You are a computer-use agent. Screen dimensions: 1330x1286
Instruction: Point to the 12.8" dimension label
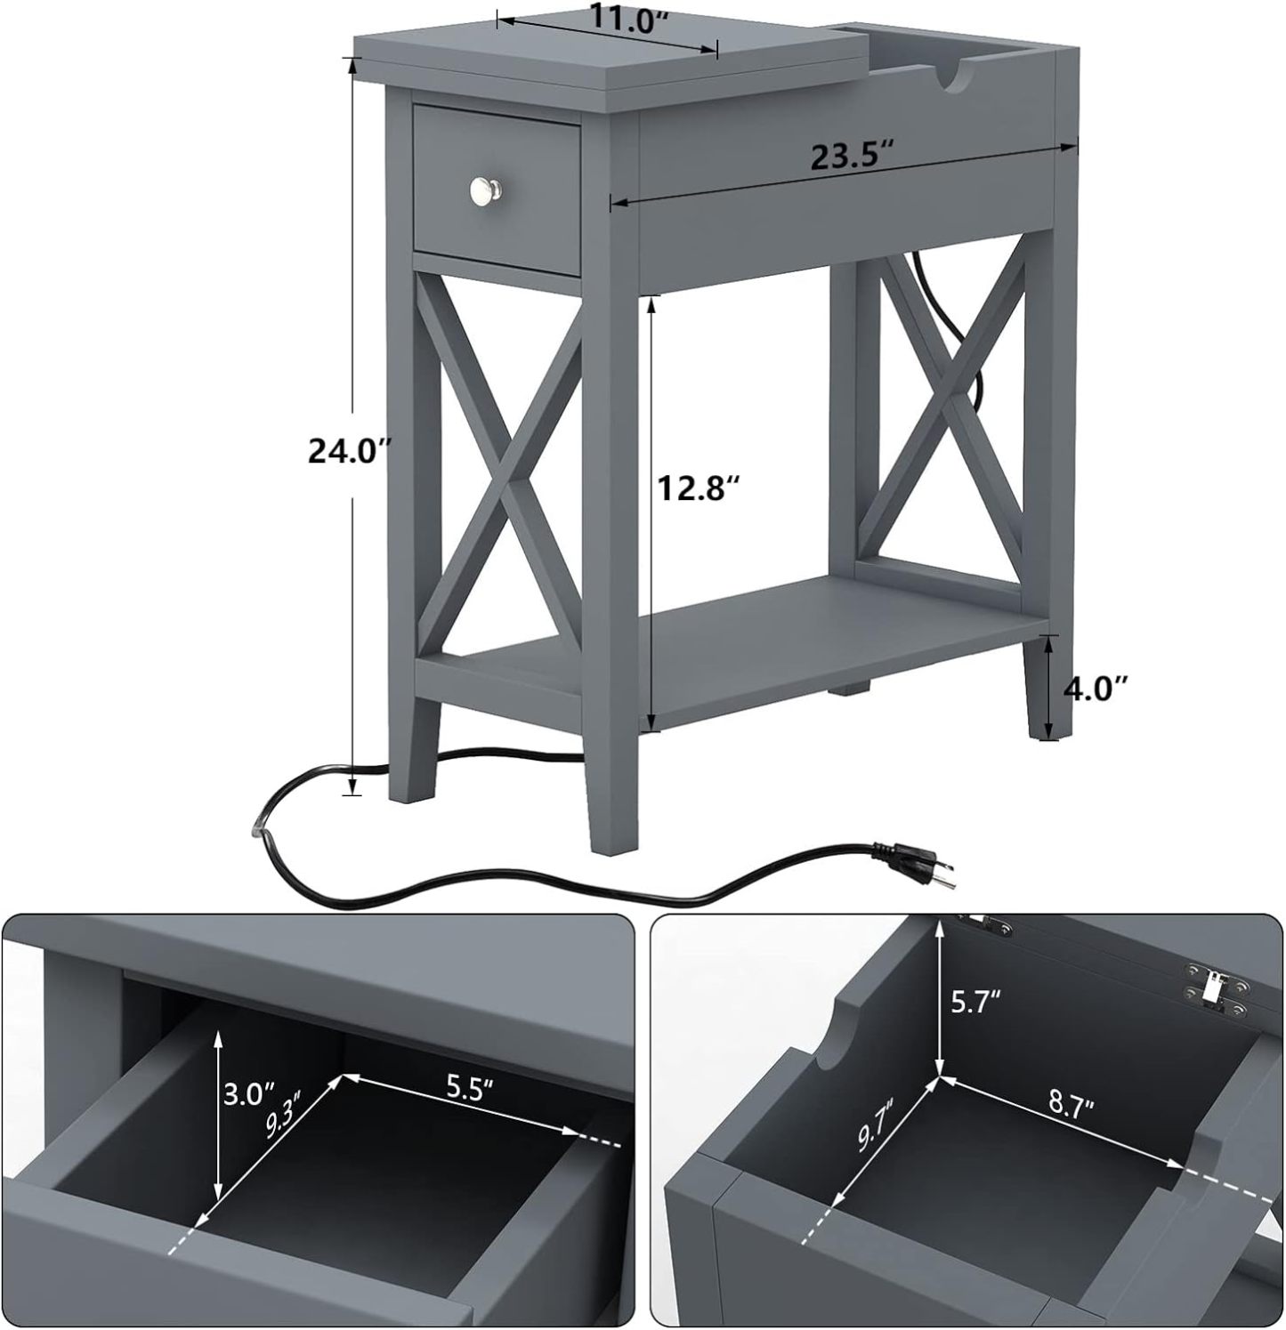pyautogui.click(x=699, y=488)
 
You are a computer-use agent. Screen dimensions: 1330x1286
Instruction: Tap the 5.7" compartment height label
pyautogui.click(x=976, y=1004)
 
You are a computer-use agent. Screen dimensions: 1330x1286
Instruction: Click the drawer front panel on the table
pyautogui.click(x=497, y=189)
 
